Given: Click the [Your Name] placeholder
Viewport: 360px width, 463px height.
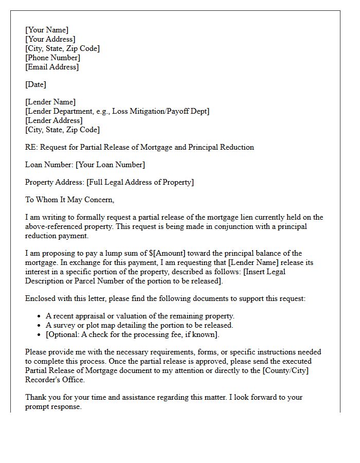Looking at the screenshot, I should coord(46,30).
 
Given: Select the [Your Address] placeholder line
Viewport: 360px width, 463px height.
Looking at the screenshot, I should coord(50,39).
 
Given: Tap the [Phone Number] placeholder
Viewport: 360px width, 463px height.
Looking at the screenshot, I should coord(52,58).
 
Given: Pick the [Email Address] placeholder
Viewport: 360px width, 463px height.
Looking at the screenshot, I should coord(52,67).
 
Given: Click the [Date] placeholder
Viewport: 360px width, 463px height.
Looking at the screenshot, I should coord(35,84).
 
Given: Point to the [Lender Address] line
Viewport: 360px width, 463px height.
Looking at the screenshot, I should coord(53,120).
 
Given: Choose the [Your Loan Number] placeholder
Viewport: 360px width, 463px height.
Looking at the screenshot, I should coord(110,165).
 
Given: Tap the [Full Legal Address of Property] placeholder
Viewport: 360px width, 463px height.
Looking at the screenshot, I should coord(140,182).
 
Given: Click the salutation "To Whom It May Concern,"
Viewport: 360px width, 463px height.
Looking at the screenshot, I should coord(69,200).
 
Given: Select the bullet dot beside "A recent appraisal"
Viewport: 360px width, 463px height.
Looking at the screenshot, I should coord(40,316).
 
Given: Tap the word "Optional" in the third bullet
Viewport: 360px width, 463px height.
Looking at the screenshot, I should coord(64,334).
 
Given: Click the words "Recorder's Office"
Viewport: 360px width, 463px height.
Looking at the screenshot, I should coord(55,380).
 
